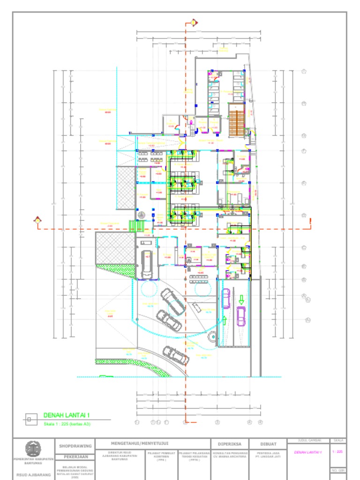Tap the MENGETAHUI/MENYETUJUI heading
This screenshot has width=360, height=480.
coord(140,443)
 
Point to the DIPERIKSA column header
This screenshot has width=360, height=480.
coord(229,444)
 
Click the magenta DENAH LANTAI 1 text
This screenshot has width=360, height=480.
coord(307,452)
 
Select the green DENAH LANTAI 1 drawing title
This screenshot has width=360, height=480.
coord(66,415)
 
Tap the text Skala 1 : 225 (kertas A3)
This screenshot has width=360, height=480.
coord(67,424)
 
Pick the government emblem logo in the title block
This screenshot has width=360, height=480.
coord(33,449)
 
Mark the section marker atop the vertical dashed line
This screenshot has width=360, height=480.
coord(193,22)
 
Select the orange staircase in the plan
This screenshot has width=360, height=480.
coord(236,120)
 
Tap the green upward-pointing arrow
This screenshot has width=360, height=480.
coord(224,321)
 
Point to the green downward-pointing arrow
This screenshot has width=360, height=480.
coord(241,299)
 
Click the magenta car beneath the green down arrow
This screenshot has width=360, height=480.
coord(241,316)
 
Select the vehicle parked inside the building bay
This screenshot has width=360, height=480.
coord(147,264)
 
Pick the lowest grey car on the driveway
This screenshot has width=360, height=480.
coord(176,355)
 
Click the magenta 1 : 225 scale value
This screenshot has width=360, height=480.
coord(337,452)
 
